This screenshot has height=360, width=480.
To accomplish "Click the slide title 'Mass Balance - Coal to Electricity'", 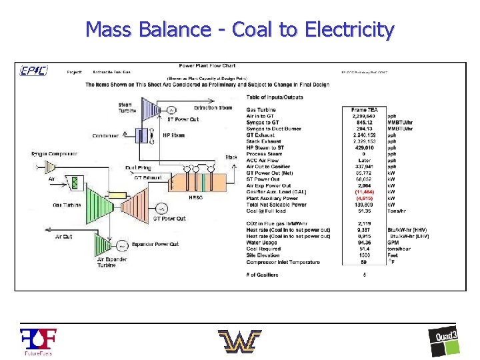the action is [x=240, y=29].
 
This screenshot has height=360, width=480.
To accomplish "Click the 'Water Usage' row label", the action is [x=261, y=242].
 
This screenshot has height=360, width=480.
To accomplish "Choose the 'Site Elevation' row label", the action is [x=264, y=255].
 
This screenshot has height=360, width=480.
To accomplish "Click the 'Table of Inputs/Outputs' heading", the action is [x=275, y=97].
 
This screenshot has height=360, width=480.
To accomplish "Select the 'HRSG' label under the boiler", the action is [x=196, y=197].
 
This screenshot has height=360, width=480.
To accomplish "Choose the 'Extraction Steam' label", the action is [x=213, y=107].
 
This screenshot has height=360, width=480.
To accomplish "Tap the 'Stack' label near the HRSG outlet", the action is [x=231, y=157].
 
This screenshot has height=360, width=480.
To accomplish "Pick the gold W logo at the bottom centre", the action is [x=239, y=341].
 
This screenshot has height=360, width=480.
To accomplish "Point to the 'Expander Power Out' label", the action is [x=155, y=245].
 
